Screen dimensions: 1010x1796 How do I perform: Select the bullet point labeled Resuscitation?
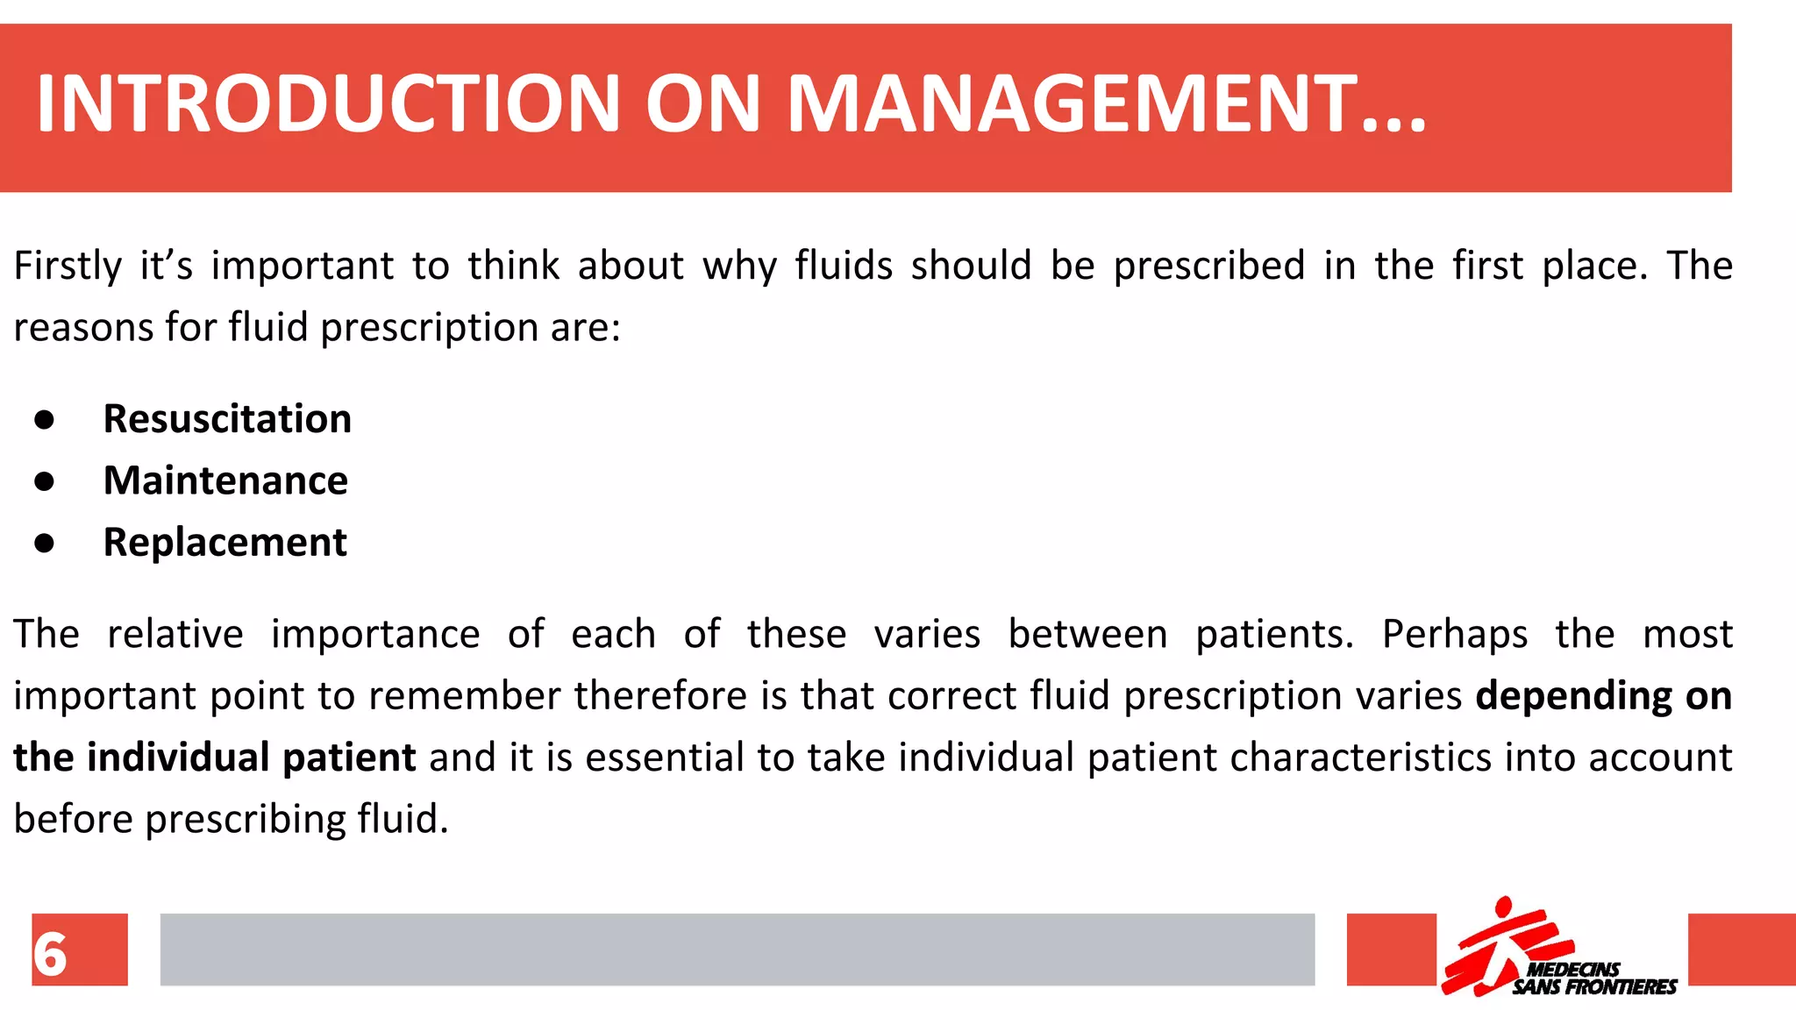227,419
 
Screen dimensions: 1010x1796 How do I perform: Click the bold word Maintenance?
225,480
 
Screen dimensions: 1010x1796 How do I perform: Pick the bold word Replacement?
224,543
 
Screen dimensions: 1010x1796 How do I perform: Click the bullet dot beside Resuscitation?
45,420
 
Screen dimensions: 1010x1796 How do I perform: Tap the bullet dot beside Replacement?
45,544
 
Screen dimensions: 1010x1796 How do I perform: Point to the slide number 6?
51,953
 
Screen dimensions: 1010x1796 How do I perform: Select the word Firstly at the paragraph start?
68,266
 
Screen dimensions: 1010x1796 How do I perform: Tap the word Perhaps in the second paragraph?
1454,634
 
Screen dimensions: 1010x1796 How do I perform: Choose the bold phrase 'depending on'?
1603,696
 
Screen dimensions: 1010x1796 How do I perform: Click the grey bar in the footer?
737,950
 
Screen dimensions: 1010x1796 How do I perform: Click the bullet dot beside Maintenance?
45,481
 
